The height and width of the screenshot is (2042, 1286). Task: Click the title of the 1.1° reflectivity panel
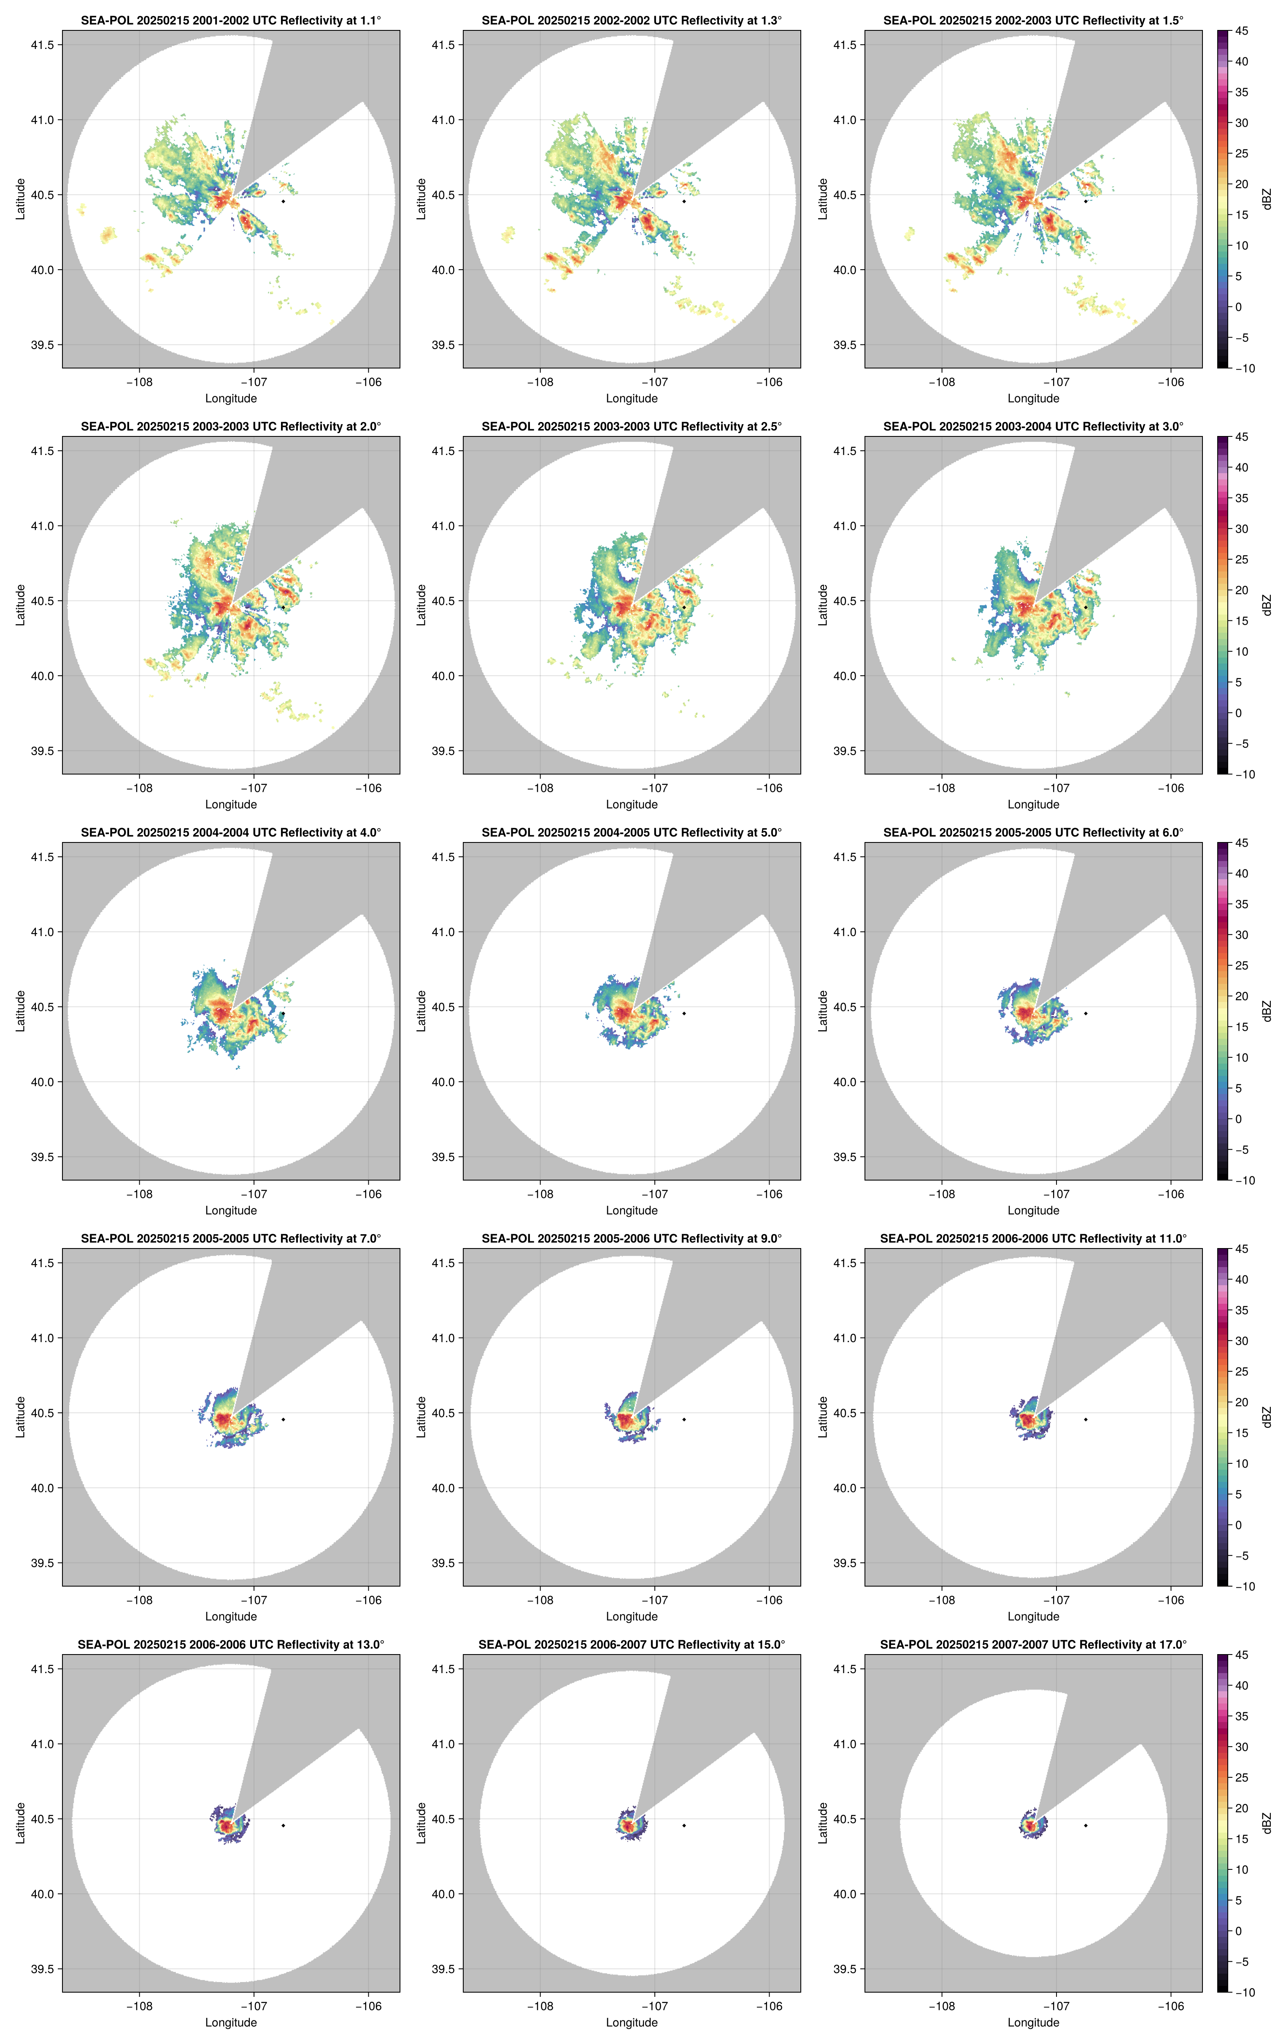[231, 20]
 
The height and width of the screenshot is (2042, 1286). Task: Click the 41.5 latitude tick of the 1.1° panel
[42, 45]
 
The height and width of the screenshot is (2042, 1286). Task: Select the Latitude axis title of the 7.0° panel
[20, 1416]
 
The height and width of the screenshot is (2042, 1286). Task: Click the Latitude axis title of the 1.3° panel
[421, 199]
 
